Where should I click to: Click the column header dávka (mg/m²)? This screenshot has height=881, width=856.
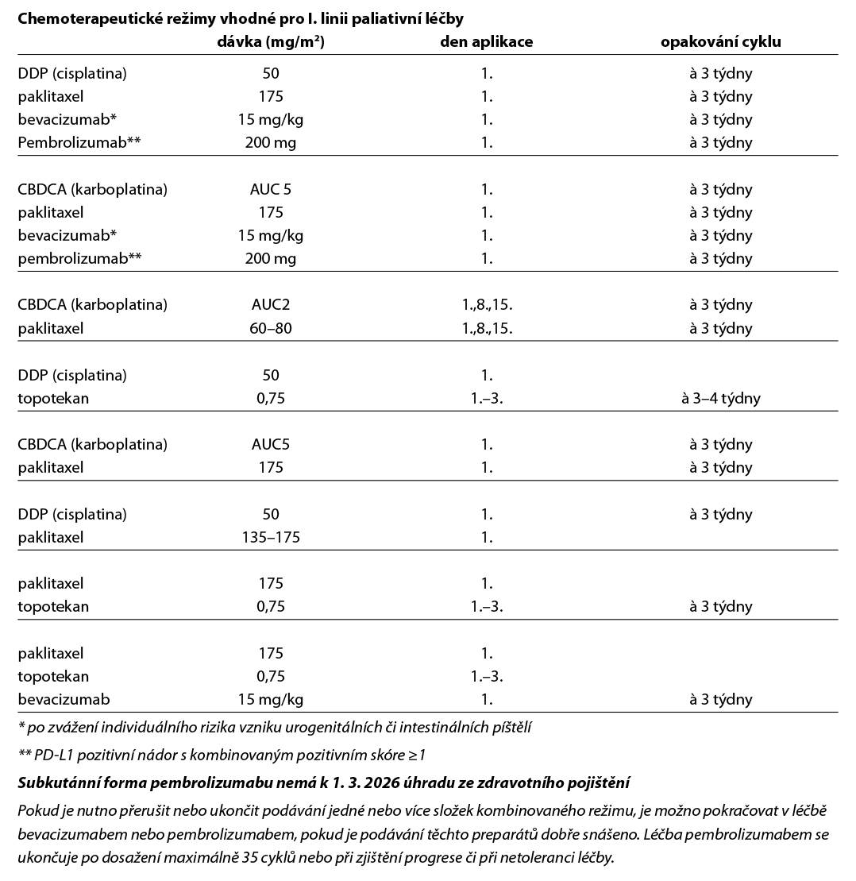pyautogui.click(x=271, y=42)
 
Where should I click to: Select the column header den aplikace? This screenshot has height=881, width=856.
pyautogui.click(x=486, y=42)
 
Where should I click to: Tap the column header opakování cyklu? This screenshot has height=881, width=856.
pyautogui.click(x=721, y=42)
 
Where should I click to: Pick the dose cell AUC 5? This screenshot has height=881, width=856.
pyautogui.click(x=271, y=190)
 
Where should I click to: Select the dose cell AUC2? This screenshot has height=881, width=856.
pyautogui.click(x=271, y=305)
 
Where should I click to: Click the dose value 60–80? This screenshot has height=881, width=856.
pyautogui.click(x=271, y=328)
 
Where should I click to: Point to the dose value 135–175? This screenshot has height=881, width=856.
pyautogui.click(x=271, y=537)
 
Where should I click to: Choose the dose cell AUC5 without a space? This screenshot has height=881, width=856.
pyautogui.click(x=271, y=444)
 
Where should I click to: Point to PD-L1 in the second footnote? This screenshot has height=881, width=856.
pyautogui.click(x=52, y=754)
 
